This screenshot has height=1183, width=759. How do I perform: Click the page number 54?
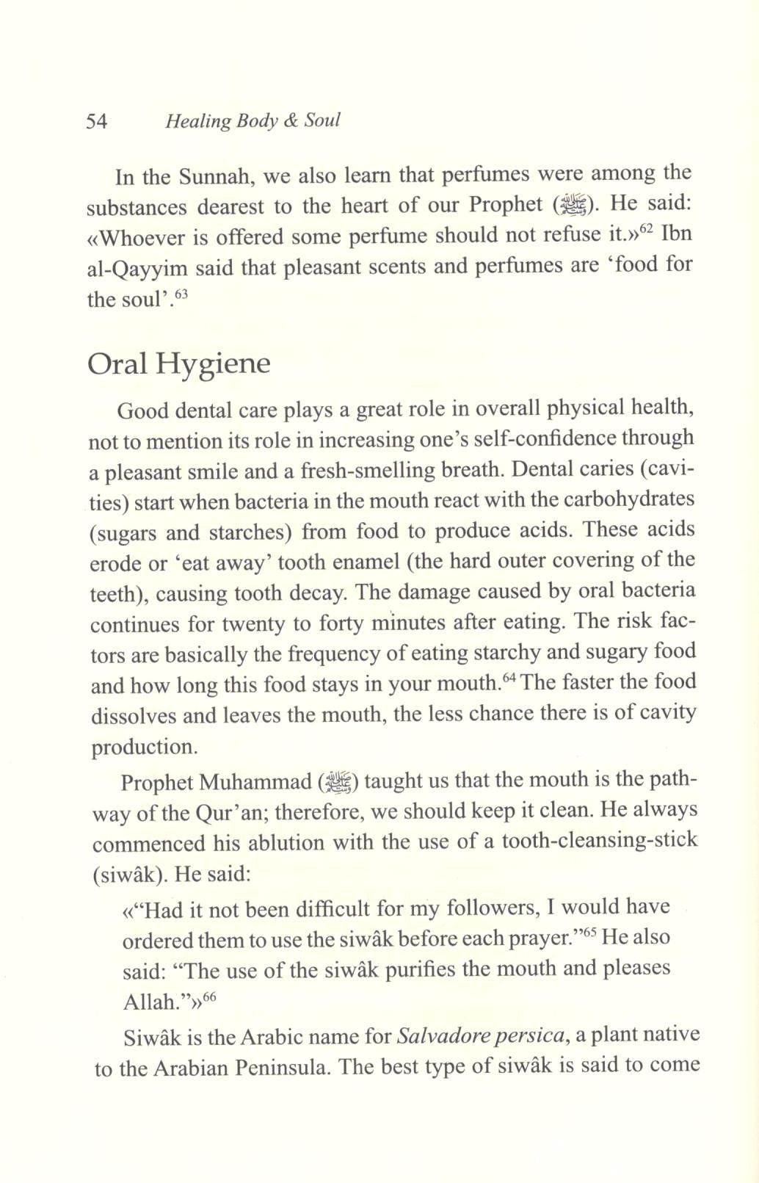[97, 121]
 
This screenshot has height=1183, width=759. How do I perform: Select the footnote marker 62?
[646, 229]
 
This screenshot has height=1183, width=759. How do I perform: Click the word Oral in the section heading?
[117, 364]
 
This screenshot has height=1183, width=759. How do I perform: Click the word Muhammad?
[255, 783]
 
